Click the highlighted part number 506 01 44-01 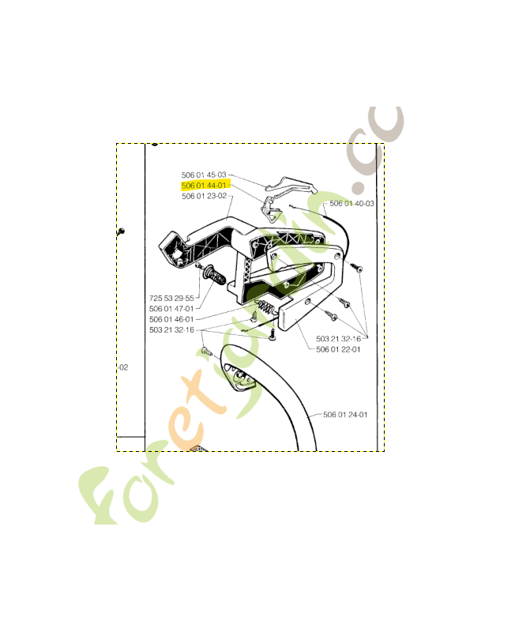[204, 185]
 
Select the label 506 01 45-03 [204, 175]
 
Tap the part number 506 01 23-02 [204, 195]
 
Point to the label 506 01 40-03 [351, 204]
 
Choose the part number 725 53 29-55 [171, 298]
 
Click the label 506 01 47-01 [171, 309]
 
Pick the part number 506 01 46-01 [171, 319]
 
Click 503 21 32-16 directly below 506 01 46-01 [171, 329]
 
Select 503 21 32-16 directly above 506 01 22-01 [338, 339]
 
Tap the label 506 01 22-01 [338, 349]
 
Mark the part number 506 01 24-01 [345, 414]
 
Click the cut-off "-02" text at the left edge [122, 367]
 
